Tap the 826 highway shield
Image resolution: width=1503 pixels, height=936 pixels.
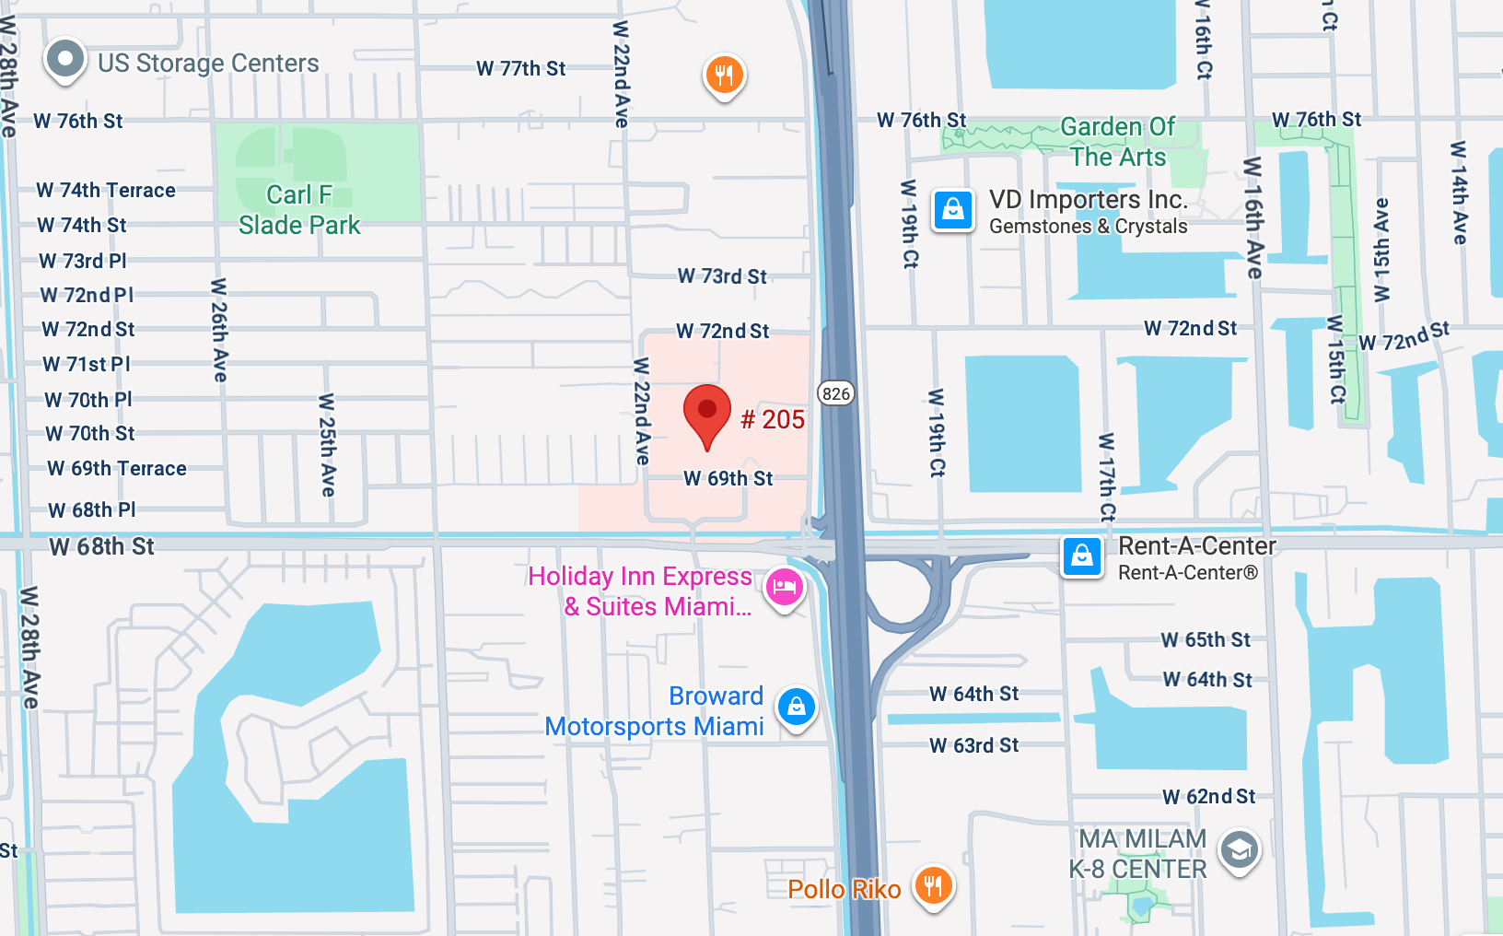[836, 393]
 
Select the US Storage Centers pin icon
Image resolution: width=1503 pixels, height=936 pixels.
[64, 60]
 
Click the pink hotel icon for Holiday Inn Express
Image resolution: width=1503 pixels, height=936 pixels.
[784, 587]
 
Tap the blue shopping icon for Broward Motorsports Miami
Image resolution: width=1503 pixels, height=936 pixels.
[796, 708]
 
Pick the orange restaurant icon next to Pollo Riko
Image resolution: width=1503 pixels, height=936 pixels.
[933, 886]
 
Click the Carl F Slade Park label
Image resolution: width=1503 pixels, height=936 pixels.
[299, 210]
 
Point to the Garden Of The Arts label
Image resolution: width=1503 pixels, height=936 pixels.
[1117, 141]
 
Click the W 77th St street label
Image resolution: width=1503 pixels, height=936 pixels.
[520, 69]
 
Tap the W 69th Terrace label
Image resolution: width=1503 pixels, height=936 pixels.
[117, 469]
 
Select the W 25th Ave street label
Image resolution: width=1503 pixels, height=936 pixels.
[327, 445]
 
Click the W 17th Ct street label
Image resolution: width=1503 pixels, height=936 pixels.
[1107, 476]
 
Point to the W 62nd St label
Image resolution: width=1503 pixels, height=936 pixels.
[1208, 797]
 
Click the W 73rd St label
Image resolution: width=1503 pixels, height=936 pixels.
[722, 276]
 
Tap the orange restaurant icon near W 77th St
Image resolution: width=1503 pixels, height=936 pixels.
[724, 76]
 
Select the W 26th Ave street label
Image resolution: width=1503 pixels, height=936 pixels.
[219, 330]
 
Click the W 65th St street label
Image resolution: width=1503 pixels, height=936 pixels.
[1206, 640]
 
